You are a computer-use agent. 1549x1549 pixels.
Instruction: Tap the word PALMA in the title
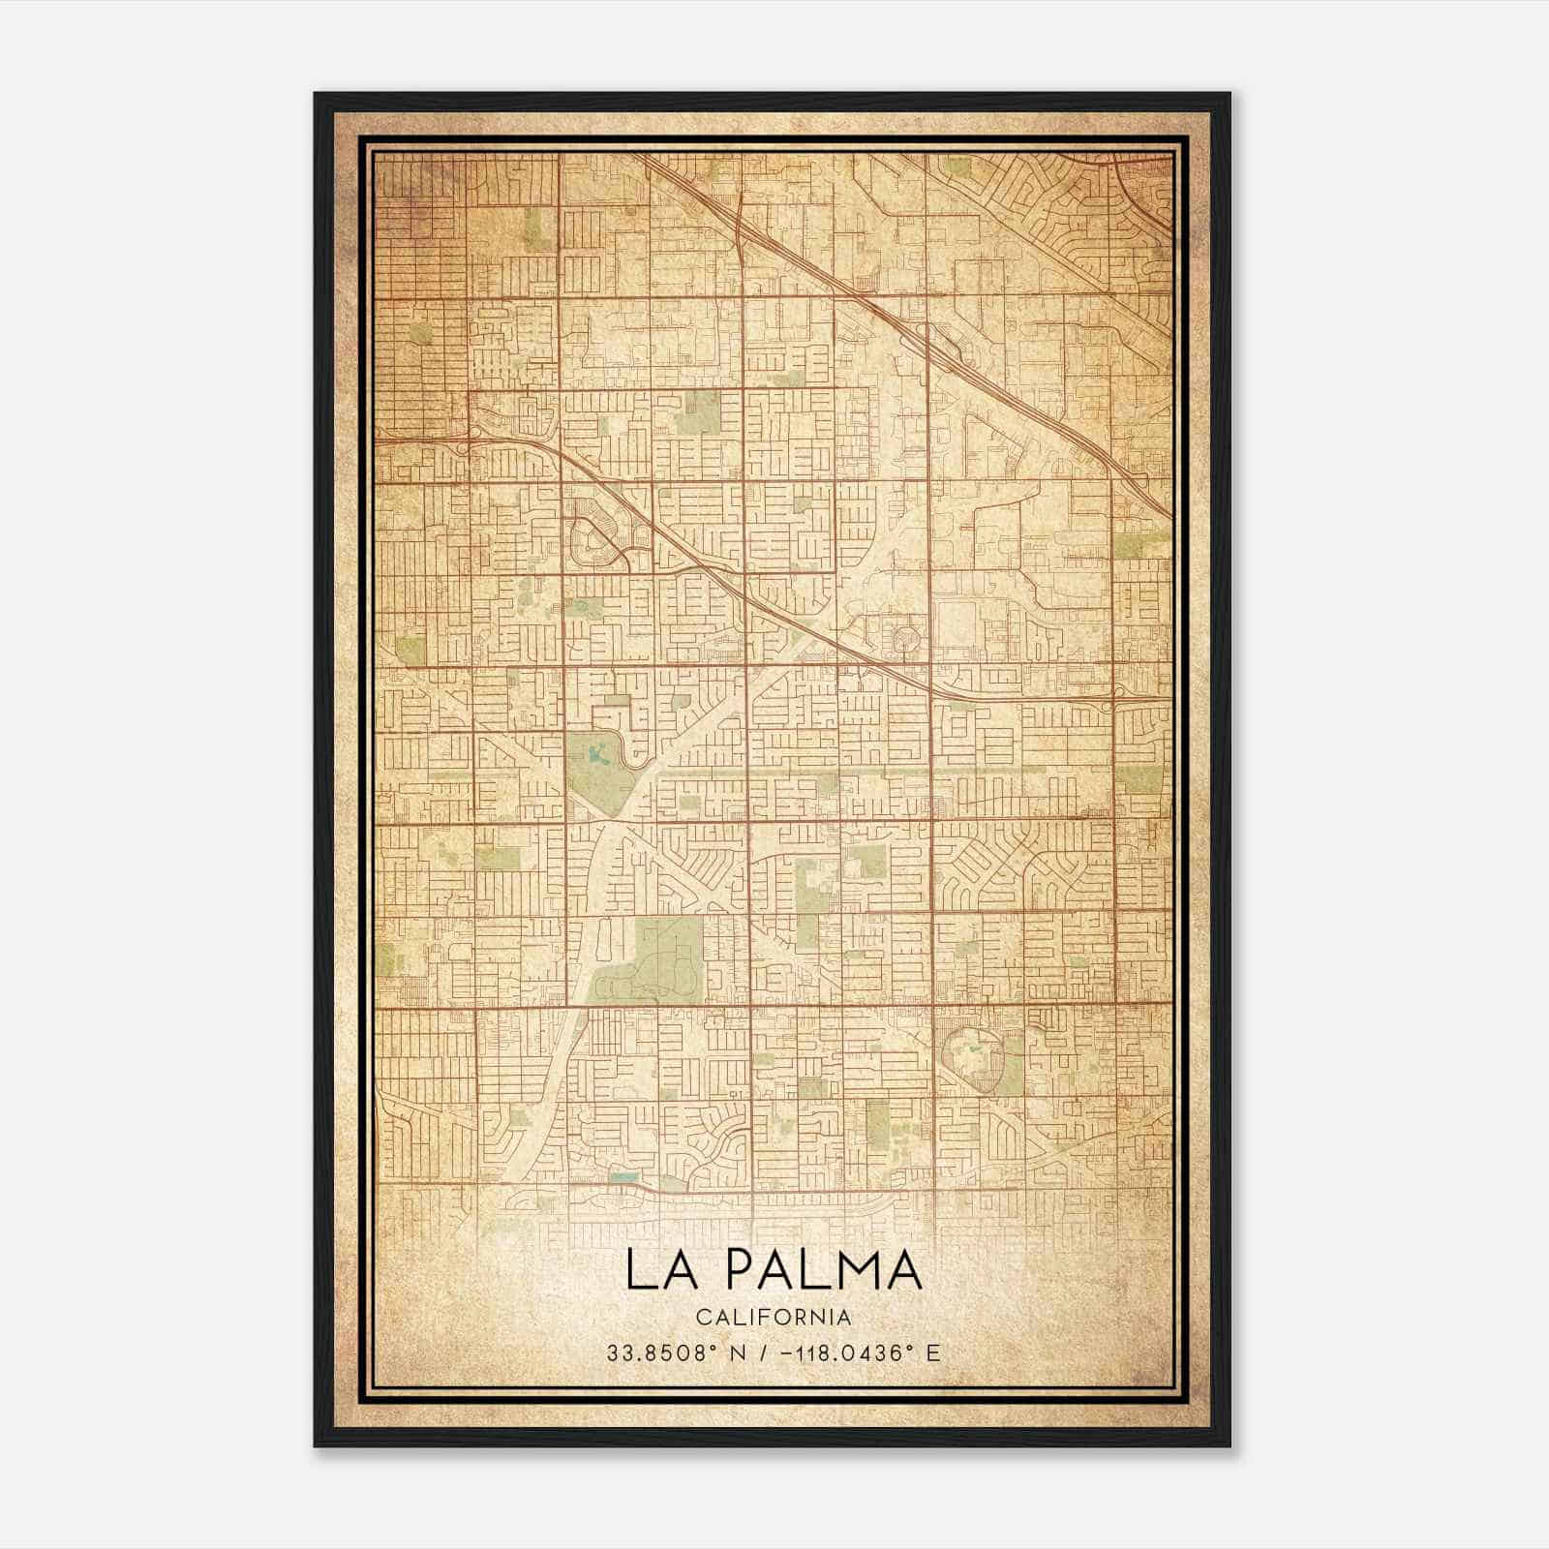822,1270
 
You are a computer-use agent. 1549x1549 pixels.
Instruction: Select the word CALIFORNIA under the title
774,1318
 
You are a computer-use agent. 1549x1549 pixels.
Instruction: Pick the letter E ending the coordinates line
933,1353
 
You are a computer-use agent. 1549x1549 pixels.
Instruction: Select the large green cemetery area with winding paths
649,963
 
